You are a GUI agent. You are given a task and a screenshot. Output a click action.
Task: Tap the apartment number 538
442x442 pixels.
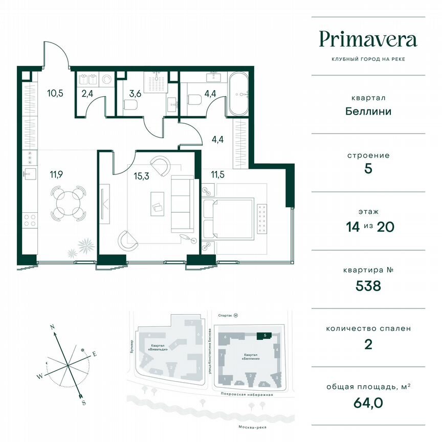(368, 285)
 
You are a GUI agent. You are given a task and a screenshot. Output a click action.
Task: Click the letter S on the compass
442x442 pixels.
(83, 403)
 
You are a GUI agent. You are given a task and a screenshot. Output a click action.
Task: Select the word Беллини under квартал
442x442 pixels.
(368, 111)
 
